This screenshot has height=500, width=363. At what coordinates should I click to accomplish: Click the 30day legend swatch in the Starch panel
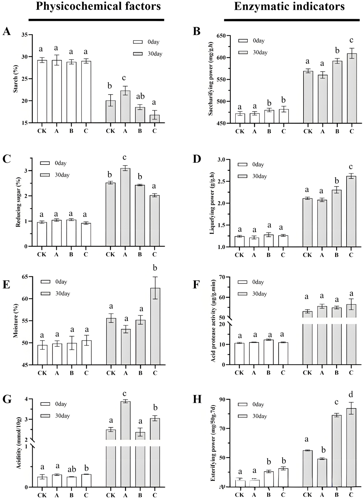pyautogui.click(x=138, y=54)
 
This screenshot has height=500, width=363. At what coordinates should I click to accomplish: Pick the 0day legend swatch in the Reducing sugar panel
pyautogui.click(x=45, y=163)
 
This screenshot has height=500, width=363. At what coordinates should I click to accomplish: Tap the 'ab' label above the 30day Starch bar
pyautogui.click(x=140, y=97)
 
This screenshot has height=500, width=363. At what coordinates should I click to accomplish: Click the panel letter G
pyautogui.click(x=7, y=399)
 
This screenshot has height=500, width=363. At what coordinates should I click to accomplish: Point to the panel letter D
pyautogui.click(x=197, y=159)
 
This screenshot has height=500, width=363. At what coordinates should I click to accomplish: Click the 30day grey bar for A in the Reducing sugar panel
pyautogui.click(x=125, y=207)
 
